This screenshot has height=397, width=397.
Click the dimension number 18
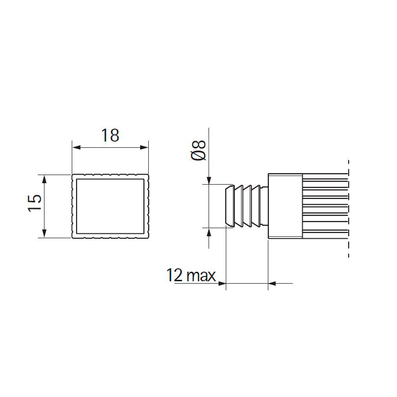tap(110, 135)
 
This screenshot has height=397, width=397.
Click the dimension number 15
tap(35, 202)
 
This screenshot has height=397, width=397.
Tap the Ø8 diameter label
tap(198, 150)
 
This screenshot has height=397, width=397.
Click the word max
tap(201, 276)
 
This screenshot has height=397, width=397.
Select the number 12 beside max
tap(174, 275)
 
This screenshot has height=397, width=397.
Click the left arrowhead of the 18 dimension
tap(77, 147)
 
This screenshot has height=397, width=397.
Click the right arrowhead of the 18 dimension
tap(144, 147)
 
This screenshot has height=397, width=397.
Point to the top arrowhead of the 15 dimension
tap(44, 179)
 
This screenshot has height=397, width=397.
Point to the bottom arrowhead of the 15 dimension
tap(44, 233)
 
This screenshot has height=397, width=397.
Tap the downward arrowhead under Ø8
tap(209, 180)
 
